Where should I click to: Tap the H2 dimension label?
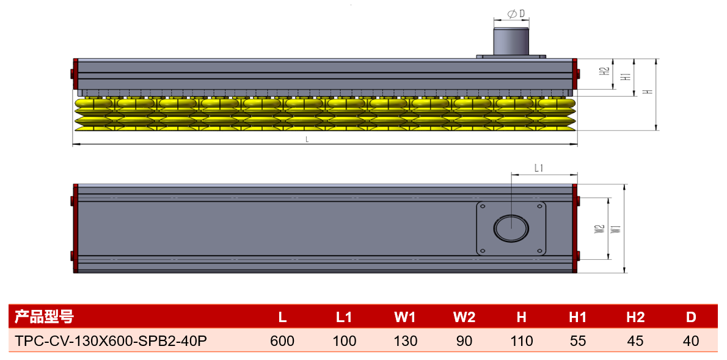click(604, 72)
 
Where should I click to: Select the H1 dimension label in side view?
click(626, 76)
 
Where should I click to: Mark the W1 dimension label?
click(616, 229)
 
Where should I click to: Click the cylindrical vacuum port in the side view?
click(511, 42)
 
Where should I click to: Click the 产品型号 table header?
click(43, 317)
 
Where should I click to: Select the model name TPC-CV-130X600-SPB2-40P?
click(111, 341)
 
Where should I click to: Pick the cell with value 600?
click(282, 341)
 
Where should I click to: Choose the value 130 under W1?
click(405, 341)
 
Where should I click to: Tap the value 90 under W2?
click(464, 341)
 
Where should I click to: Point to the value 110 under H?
click(522, 341)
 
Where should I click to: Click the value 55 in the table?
click(578, 341)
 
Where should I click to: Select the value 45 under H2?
click(635, 341)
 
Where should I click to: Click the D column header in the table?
click(691, 317)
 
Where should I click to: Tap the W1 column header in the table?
click(405, 317)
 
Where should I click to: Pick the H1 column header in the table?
click(578, 317)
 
